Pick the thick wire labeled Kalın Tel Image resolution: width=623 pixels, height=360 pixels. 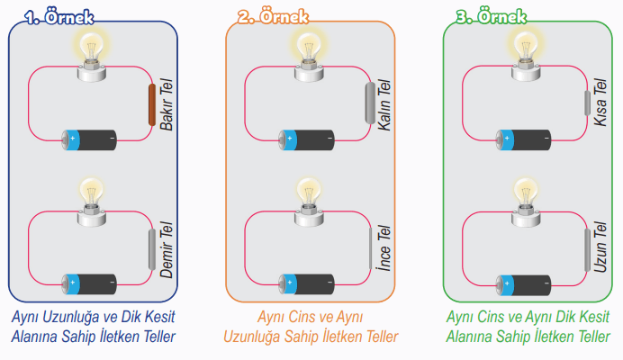click(x=369, y=105)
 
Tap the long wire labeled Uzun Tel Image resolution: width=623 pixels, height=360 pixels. click(x=586, y=251)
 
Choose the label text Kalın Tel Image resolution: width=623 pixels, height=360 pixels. click(x=384, y=105)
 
